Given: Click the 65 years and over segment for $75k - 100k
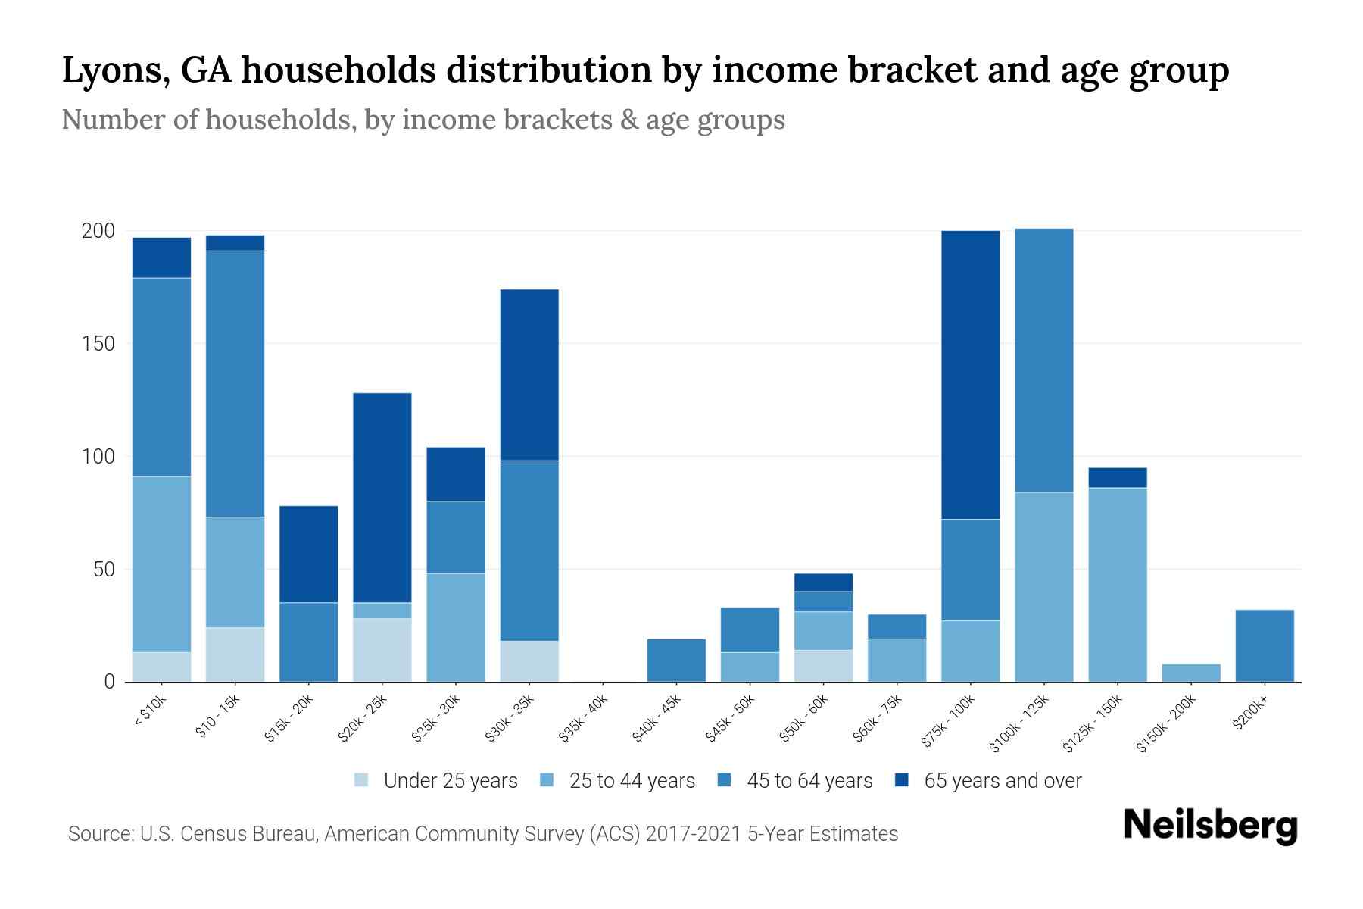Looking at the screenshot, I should pyautogui.click(x=970, y=375).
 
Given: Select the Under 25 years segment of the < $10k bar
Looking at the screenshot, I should pyautogui.click(x=161, y=667).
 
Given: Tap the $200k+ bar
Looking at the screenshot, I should pyautogui.click(x=1265, y=645).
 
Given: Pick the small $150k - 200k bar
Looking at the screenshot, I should pyautogui.click(x=1191, y=673).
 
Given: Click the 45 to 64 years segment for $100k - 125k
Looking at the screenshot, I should pyautogui.click(x=1044, y=361).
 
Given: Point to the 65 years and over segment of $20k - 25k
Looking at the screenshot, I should pyautogui.click(x=382, y=498).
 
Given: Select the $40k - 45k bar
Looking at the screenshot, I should pyautogui.click(x=676, y=661).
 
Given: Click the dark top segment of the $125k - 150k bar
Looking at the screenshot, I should pyautogui.click(x=1118, y=478).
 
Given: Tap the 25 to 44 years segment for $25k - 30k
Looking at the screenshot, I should pyautogui.click(x=456, y=627).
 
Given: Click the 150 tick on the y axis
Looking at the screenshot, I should pyautogui.click(x=98, y=344).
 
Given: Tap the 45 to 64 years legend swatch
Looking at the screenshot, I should pyautogui.click(x=725, y=780).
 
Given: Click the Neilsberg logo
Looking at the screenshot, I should pyautogui.click(x=1211, y=826).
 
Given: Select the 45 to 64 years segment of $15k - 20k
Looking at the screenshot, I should pyautogui.click(x=309, y=642).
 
